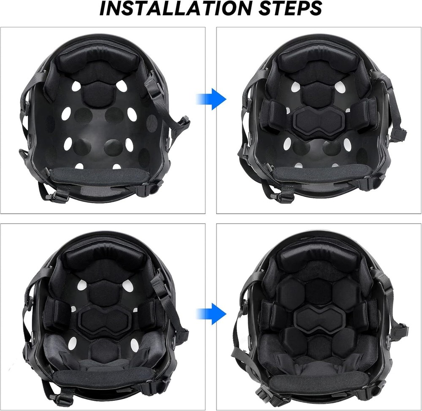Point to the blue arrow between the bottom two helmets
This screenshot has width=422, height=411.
click(211, 313)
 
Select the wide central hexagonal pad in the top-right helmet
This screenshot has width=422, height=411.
click(320, 120)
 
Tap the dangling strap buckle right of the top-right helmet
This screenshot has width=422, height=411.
click(398, 134)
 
